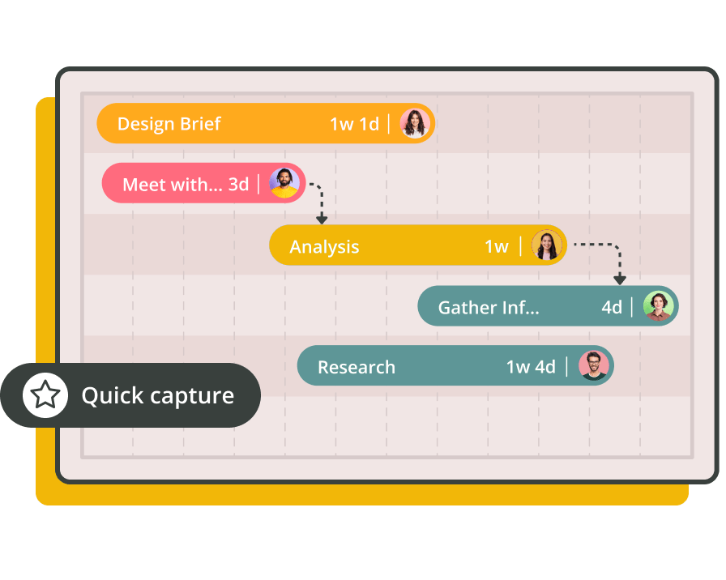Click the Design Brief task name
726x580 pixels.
[x=169, y=124]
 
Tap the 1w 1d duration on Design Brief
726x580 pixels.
[x=354, y=124]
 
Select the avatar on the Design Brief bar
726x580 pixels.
[x=415, y=123]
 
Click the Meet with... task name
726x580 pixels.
[x=173, y=185]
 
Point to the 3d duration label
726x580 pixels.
[x=238, y=185]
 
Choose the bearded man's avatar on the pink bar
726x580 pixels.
[x=284, y=183]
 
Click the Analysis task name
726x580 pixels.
[x=325, y=247]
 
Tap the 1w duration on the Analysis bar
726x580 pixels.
[x=497, y=247]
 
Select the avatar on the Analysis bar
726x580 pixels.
[x=547, y=245]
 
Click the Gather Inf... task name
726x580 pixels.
[x=489, y=307]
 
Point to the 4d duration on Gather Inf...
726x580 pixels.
[x=612, y=307]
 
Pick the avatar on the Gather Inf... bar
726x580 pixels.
[x=659, y=306]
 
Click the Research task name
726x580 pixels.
[x=357, y=367]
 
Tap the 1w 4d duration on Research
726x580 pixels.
[x=531, y=367]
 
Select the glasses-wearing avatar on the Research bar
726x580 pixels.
[x=594, y=365]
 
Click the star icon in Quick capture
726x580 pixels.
[x=45, y=394]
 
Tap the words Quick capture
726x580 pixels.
[x=158, y=396]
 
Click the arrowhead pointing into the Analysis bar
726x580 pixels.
[x=322, y=220]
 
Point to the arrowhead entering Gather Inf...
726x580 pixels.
[x=620, y=279]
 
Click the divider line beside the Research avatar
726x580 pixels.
[x=566, y=367]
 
